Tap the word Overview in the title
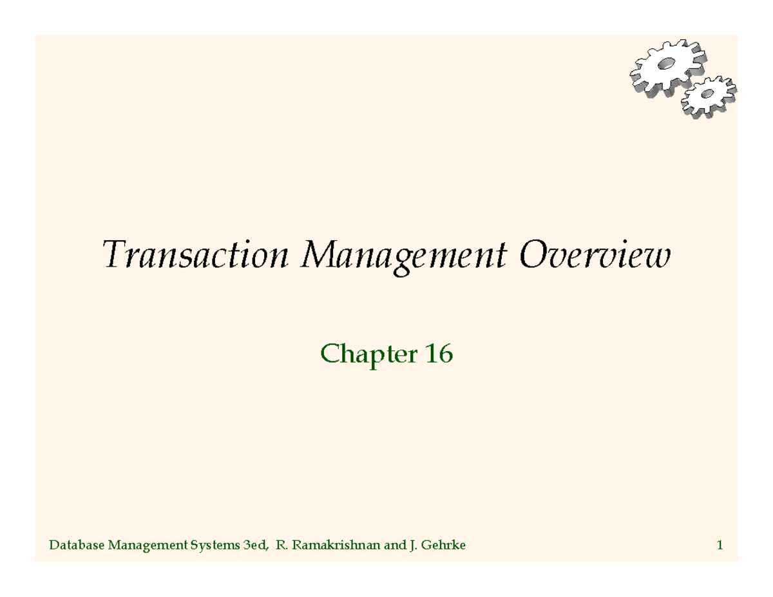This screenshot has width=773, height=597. point(594,256)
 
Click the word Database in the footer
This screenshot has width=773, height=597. point(77,546)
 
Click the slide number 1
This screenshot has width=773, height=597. point(719,546)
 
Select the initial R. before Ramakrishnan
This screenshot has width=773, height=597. point(280,546)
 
